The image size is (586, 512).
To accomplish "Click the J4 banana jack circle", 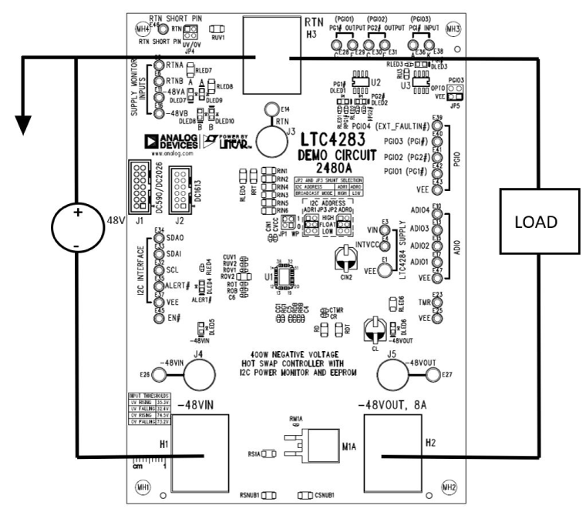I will point(197,376).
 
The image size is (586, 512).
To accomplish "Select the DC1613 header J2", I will point(181,187).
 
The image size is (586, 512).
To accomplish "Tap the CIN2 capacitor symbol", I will point(345,261).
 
